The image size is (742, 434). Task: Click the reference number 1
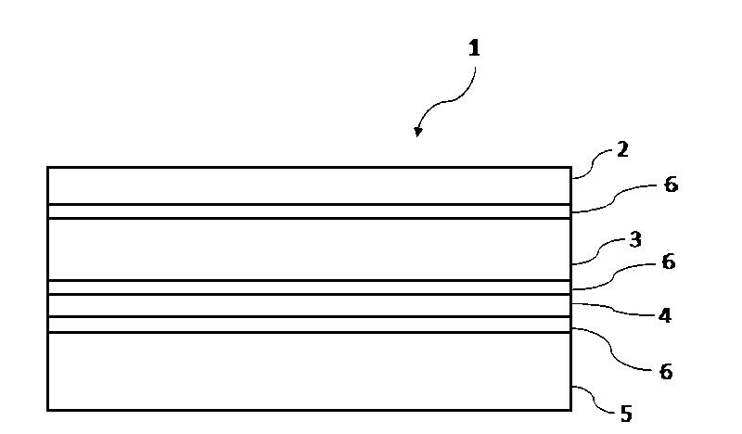coord(474,48)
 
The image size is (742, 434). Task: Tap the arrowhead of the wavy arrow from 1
coord(417,132)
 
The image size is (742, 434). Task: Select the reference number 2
coord(622,150)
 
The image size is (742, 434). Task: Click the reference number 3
coord(635,240)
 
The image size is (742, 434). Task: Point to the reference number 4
coord(665,315)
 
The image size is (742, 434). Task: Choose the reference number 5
coord(626,415)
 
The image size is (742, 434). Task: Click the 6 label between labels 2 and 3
coord(671,185)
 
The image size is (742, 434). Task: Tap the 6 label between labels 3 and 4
coord(668,262)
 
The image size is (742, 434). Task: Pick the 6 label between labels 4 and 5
coord(666,372)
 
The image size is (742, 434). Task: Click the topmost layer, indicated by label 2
coord(309,185)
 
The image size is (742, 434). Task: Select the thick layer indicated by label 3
coord(309,249)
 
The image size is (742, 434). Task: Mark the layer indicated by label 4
coord(309,305)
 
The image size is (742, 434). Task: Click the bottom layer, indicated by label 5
coord(309,371)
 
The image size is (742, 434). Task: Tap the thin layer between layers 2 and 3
coord(309,211)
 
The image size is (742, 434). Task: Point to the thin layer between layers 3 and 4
coord(309,287)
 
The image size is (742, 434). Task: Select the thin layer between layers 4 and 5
coord(309,325)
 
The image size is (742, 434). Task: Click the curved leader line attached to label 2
coord(593,163)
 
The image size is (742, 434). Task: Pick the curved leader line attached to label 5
coord(595,399)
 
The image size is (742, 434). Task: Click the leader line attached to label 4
coord(614,310)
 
